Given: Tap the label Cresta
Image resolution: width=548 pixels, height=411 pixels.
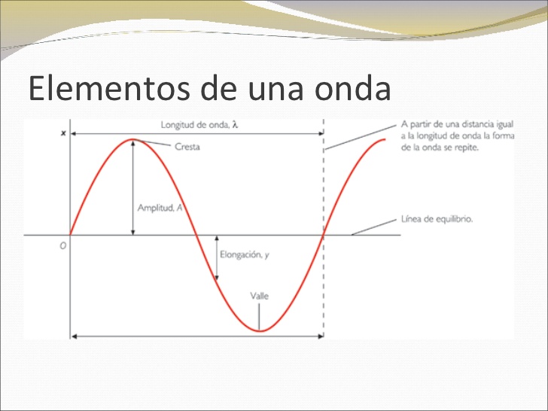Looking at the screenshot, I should pyautogui.click(x=187, y=147).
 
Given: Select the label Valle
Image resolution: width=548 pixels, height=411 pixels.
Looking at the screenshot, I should pyautogui.click(x=259, y=295).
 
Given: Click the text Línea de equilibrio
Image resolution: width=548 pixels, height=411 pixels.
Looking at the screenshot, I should pyautogui.click(x=437, y=220).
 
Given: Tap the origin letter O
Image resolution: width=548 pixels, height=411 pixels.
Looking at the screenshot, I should pyautogui.click(x=62, y=245).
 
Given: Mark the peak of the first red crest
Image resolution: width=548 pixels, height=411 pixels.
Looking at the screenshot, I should pyautogui.click(x=132, y=139).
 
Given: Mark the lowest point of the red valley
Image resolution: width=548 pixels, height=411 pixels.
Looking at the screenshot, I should pyautogui.click(x=260, y=330).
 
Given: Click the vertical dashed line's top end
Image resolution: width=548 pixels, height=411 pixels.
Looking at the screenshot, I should pyautogui.click(x=324, y=120).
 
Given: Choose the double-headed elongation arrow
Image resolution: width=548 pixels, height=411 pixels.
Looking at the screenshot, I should pyautogui.click(x=217, y=258).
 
